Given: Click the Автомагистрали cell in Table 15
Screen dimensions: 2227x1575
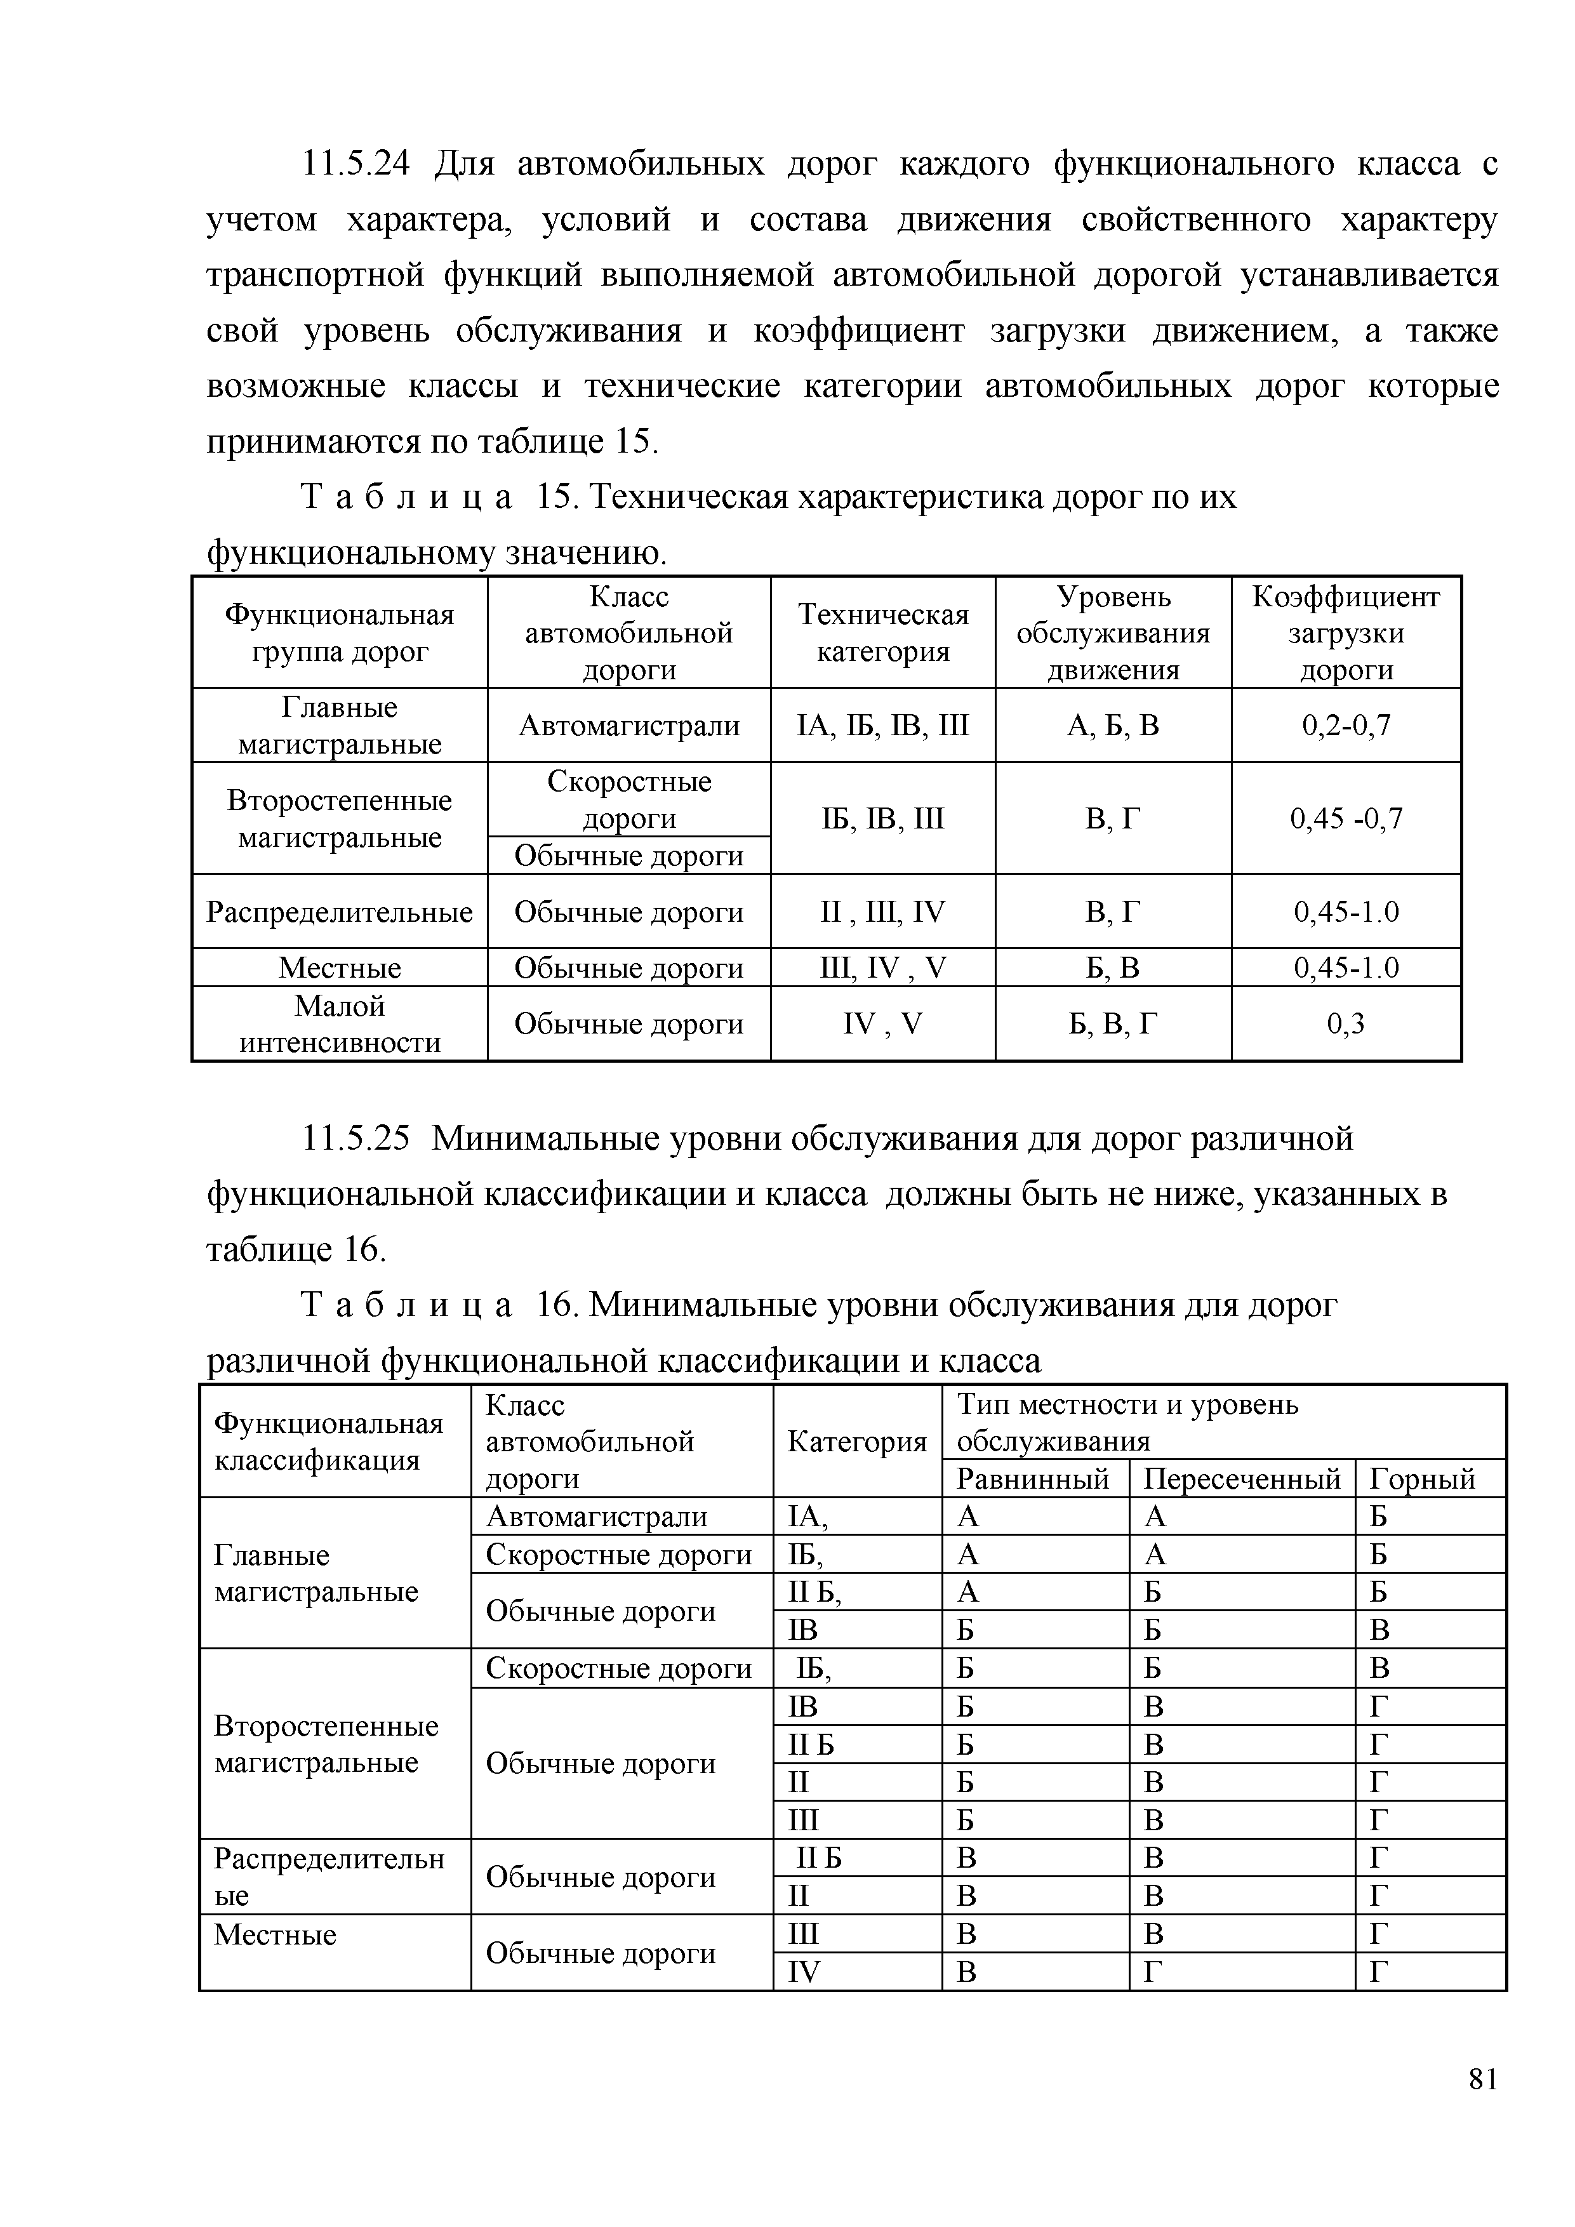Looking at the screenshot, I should click(x=628, y=726).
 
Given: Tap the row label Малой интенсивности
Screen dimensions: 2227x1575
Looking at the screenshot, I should click(x=340, y=1024).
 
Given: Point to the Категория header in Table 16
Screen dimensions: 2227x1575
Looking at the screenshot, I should click(x=856, y=1442).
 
